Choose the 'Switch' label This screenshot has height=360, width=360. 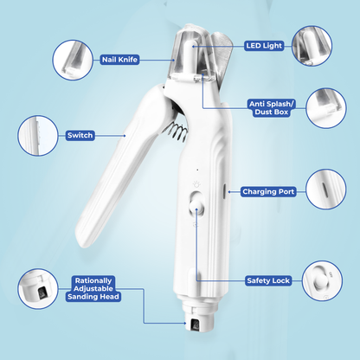tap(80, 135)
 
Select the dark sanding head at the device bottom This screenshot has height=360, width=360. tap(195, 325)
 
